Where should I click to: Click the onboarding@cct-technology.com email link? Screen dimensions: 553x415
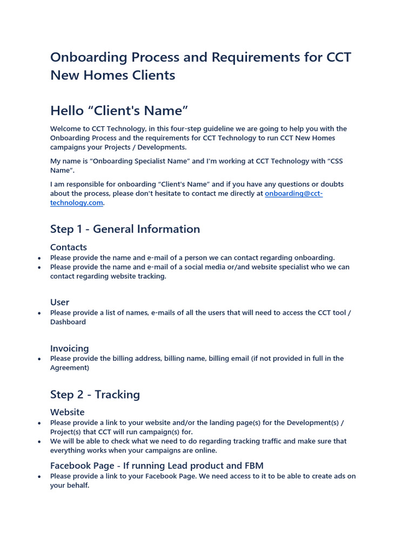coord(293,193)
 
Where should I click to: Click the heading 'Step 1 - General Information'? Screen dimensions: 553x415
coord(125,229)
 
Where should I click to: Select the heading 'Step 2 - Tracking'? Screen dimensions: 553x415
coord(95,394)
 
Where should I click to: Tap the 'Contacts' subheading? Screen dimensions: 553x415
coord(69,247)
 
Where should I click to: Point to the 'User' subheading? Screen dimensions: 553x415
coord(60,302)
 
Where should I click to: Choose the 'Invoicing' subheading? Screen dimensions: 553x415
coord(70,348)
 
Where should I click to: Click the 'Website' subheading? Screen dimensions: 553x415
coord(68,412)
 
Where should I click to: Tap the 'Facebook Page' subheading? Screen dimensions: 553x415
coord(82,466)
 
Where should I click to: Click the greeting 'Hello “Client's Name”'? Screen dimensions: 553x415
coord(119,111)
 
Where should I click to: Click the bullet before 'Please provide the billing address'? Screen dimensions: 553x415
coord(39,359)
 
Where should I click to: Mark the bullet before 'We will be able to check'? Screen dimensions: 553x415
coord(39,442)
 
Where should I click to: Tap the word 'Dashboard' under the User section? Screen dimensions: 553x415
coord(68,322)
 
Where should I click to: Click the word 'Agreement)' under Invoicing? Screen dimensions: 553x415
coord(70,368)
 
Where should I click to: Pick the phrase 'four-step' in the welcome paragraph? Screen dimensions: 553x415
coord(175,129)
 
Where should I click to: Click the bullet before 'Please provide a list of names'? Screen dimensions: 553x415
coord(39,313)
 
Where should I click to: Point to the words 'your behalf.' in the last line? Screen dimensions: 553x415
coord(70,485)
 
